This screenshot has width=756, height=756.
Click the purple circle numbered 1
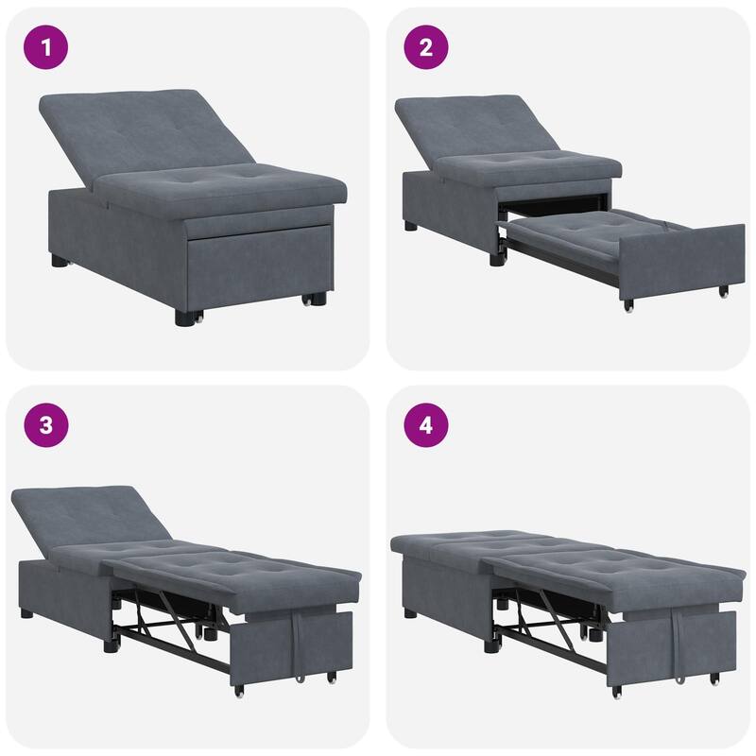46,47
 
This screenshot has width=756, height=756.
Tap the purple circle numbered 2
426,47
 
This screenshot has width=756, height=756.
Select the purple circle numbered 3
46,425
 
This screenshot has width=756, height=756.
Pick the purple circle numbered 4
426,425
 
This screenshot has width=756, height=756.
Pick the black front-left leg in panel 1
182,317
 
